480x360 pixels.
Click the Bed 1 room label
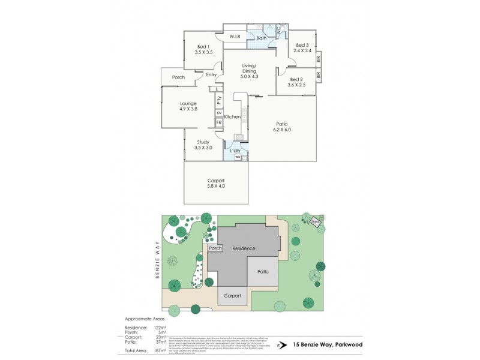[x=203, y=47]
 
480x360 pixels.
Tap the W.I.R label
[x=235, y=37]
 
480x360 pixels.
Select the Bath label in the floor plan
[x=262, y=38]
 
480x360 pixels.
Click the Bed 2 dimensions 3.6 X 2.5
[x=296, y=85]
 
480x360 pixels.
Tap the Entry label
[x=211, y=74]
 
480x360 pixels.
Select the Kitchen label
[x=232, y=116]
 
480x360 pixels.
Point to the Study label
[x=203, y=142]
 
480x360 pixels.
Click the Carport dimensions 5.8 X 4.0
[x=216, y=187]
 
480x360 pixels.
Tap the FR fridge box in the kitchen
[x=220, y=122]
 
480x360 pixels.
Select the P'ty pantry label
[x=220, y=99]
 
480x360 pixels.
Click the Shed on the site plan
[x=314, y=222]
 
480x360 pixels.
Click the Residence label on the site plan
[x=244, y=248]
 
